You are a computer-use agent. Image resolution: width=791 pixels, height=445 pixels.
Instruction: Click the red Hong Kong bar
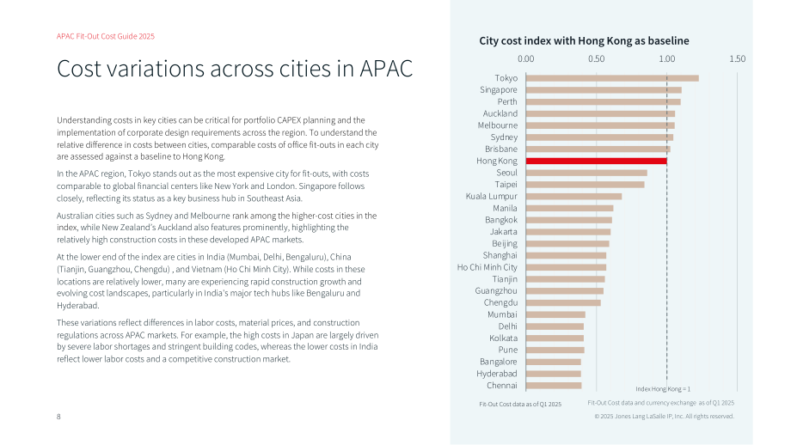[x=597, y=161]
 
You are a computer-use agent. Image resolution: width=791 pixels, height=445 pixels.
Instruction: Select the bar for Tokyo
[x=612, y=78]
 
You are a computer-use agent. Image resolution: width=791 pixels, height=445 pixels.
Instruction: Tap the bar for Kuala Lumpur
[x=574, y=197]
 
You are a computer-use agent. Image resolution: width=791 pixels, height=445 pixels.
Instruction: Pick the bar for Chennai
[x=554, y=386]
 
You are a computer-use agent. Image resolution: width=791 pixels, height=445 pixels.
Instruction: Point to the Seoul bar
[x=586, y=173]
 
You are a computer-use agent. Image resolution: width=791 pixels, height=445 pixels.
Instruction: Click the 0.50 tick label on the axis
[x=597, y=59]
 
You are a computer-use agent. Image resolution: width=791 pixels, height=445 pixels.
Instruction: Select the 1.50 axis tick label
[x=737, y=59]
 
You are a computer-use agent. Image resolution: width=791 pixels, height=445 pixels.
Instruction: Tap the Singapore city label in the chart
[x=499, y=89]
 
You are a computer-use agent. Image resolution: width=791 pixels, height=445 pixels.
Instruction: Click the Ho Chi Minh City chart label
[x=487, y=267]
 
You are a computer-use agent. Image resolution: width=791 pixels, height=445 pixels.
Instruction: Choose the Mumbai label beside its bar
[x=502, y=314]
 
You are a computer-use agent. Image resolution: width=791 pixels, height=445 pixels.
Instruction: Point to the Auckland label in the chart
[x=500, y=113]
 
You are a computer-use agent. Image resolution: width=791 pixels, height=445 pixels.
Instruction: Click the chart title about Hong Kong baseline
[x=584, y=41]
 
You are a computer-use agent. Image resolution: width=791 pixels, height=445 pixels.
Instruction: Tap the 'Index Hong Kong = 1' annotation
[x=663, y=389]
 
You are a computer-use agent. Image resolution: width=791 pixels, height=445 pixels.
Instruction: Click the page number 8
[x=58, y=417]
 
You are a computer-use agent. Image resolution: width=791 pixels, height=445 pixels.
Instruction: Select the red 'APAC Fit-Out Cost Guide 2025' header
[x=106, y=36]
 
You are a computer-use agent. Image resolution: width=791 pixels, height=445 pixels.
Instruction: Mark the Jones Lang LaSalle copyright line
[x=664, y=417]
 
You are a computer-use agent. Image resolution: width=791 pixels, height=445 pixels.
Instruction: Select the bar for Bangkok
[x=569, y=220]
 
